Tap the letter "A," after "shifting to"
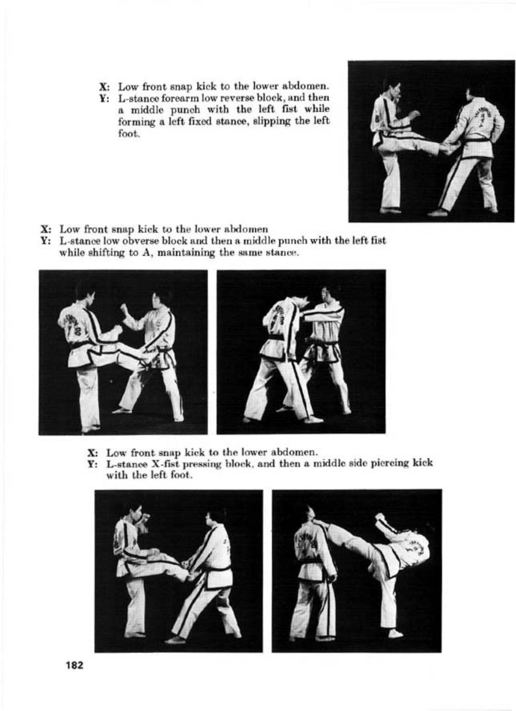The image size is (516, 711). coord(140,253)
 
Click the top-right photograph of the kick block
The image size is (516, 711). coord(431,141)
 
